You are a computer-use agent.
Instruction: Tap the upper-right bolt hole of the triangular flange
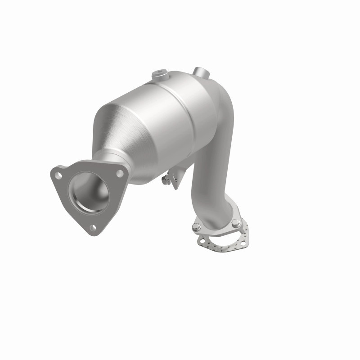tap(120, 172)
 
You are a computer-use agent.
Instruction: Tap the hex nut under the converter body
tap(167, 180)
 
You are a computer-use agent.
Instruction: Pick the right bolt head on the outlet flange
tap(235, 222)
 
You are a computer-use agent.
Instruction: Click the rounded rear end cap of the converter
tap(216, 94)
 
